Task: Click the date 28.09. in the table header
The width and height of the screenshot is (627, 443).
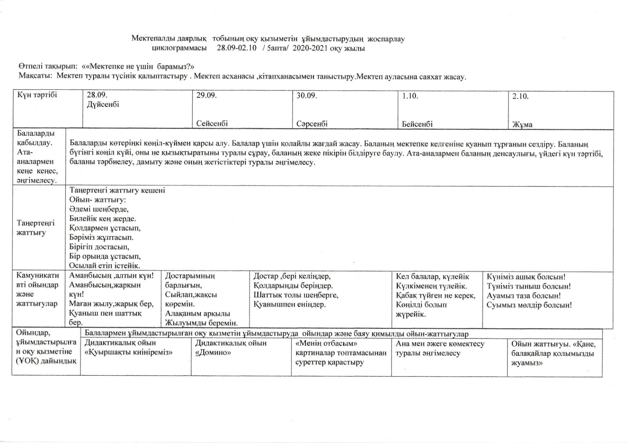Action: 97,95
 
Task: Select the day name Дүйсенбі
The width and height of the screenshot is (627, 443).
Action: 103,104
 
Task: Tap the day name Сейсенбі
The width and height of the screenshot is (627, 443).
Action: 212,124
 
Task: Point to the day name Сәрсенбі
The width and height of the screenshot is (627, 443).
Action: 312,124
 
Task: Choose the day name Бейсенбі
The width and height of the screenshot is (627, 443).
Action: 417,124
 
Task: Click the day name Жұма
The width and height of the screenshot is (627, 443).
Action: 522,125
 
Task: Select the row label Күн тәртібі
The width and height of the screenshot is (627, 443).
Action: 37,95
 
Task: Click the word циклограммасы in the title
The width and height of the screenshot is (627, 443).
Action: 180,48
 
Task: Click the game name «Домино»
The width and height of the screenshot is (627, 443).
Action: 213,352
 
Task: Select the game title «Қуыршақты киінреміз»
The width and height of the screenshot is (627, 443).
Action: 129,352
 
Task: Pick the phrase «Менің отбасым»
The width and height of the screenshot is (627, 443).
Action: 326,343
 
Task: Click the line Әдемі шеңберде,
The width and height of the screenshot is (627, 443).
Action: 99,209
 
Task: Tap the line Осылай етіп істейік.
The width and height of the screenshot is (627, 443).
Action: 105,266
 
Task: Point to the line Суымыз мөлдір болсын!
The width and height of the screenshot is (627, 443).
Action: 529,305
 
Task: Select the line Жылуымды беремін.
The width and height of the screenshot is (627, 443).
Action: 201,323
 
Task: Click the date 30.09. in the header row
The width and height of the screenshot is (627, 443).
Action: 307,95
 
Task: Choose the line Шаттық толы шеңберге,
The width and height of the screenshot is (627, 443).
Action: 296,295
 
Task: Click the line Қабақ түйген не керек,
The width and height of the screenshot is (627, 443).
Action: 436,296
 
